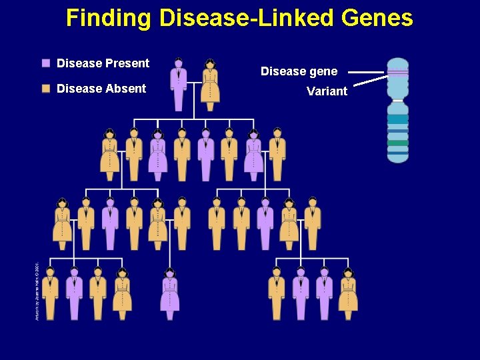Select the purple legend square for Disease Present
click(46, 63)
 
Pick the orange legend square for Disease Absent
click(46, 89)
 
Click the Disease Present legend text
click(103, 63)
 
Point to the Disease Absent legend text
click(101, 89)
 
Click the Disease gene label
click(299, 71)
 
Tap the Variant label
click(327, 91)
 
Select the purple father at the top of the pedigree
click(179, 84)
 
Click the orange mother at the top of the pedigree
click(210, 84)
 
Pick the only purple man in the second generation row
click(206, 155)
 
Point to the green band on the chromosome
click(398, 143)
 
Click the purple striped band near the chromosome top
click(398, 72)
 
